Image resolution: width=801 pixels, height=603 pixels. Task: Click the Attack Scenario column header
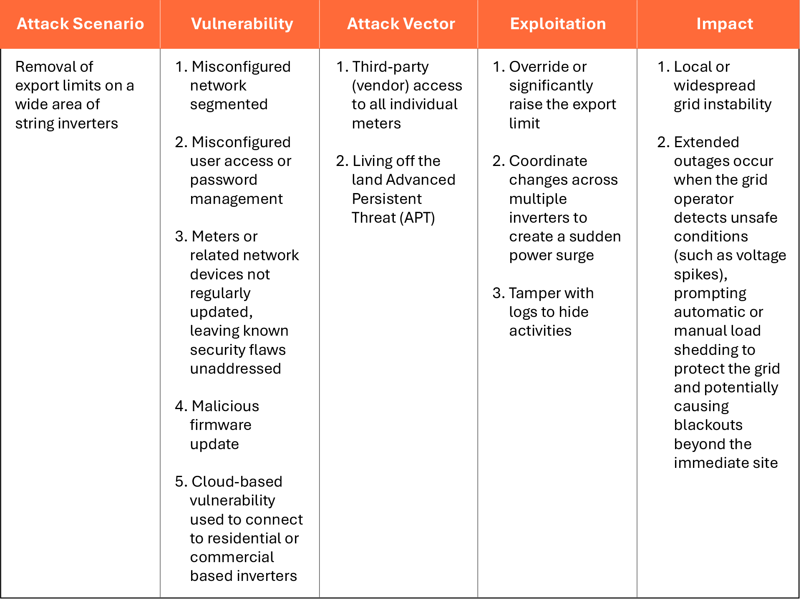(x=80, y=24)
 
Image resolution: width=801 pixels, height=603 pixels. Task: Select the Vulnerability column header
(x=242, y=24)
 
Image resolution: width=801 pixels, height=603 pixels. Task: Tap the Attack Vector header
(x=401, y=24)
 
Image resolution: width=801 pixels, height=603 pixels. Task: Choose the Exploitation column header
(x=558, y=24)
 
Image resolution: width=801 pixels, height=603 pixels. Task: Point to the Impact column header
(x=725, y=24)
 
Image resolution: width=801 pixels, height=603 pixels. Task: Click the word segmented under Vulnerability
(x=229, y=104)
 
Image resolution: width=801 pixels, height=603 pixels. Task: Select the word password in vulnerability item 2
(x=224, y=180)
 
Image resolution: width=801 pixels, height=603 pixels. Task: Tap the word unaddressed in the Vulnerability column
(x=235, y=369)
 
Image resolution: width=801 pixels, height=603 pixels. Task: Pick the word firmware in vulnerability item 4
(x=221, y=425)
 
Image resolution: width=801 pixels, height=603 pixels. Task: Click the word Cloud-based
(x=237, y=482)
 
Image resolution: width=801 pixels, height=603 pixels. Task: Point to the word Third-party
(x=390, y=67)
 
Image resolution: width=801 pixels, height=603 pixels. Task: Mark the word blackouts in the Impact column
(x=708, y=425)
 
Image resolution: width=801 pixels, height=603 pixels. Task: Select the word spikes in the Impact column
(x=699, y=274)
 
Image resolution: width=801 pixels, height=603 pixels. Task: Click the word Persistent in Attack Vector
(x=387, y=199)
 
